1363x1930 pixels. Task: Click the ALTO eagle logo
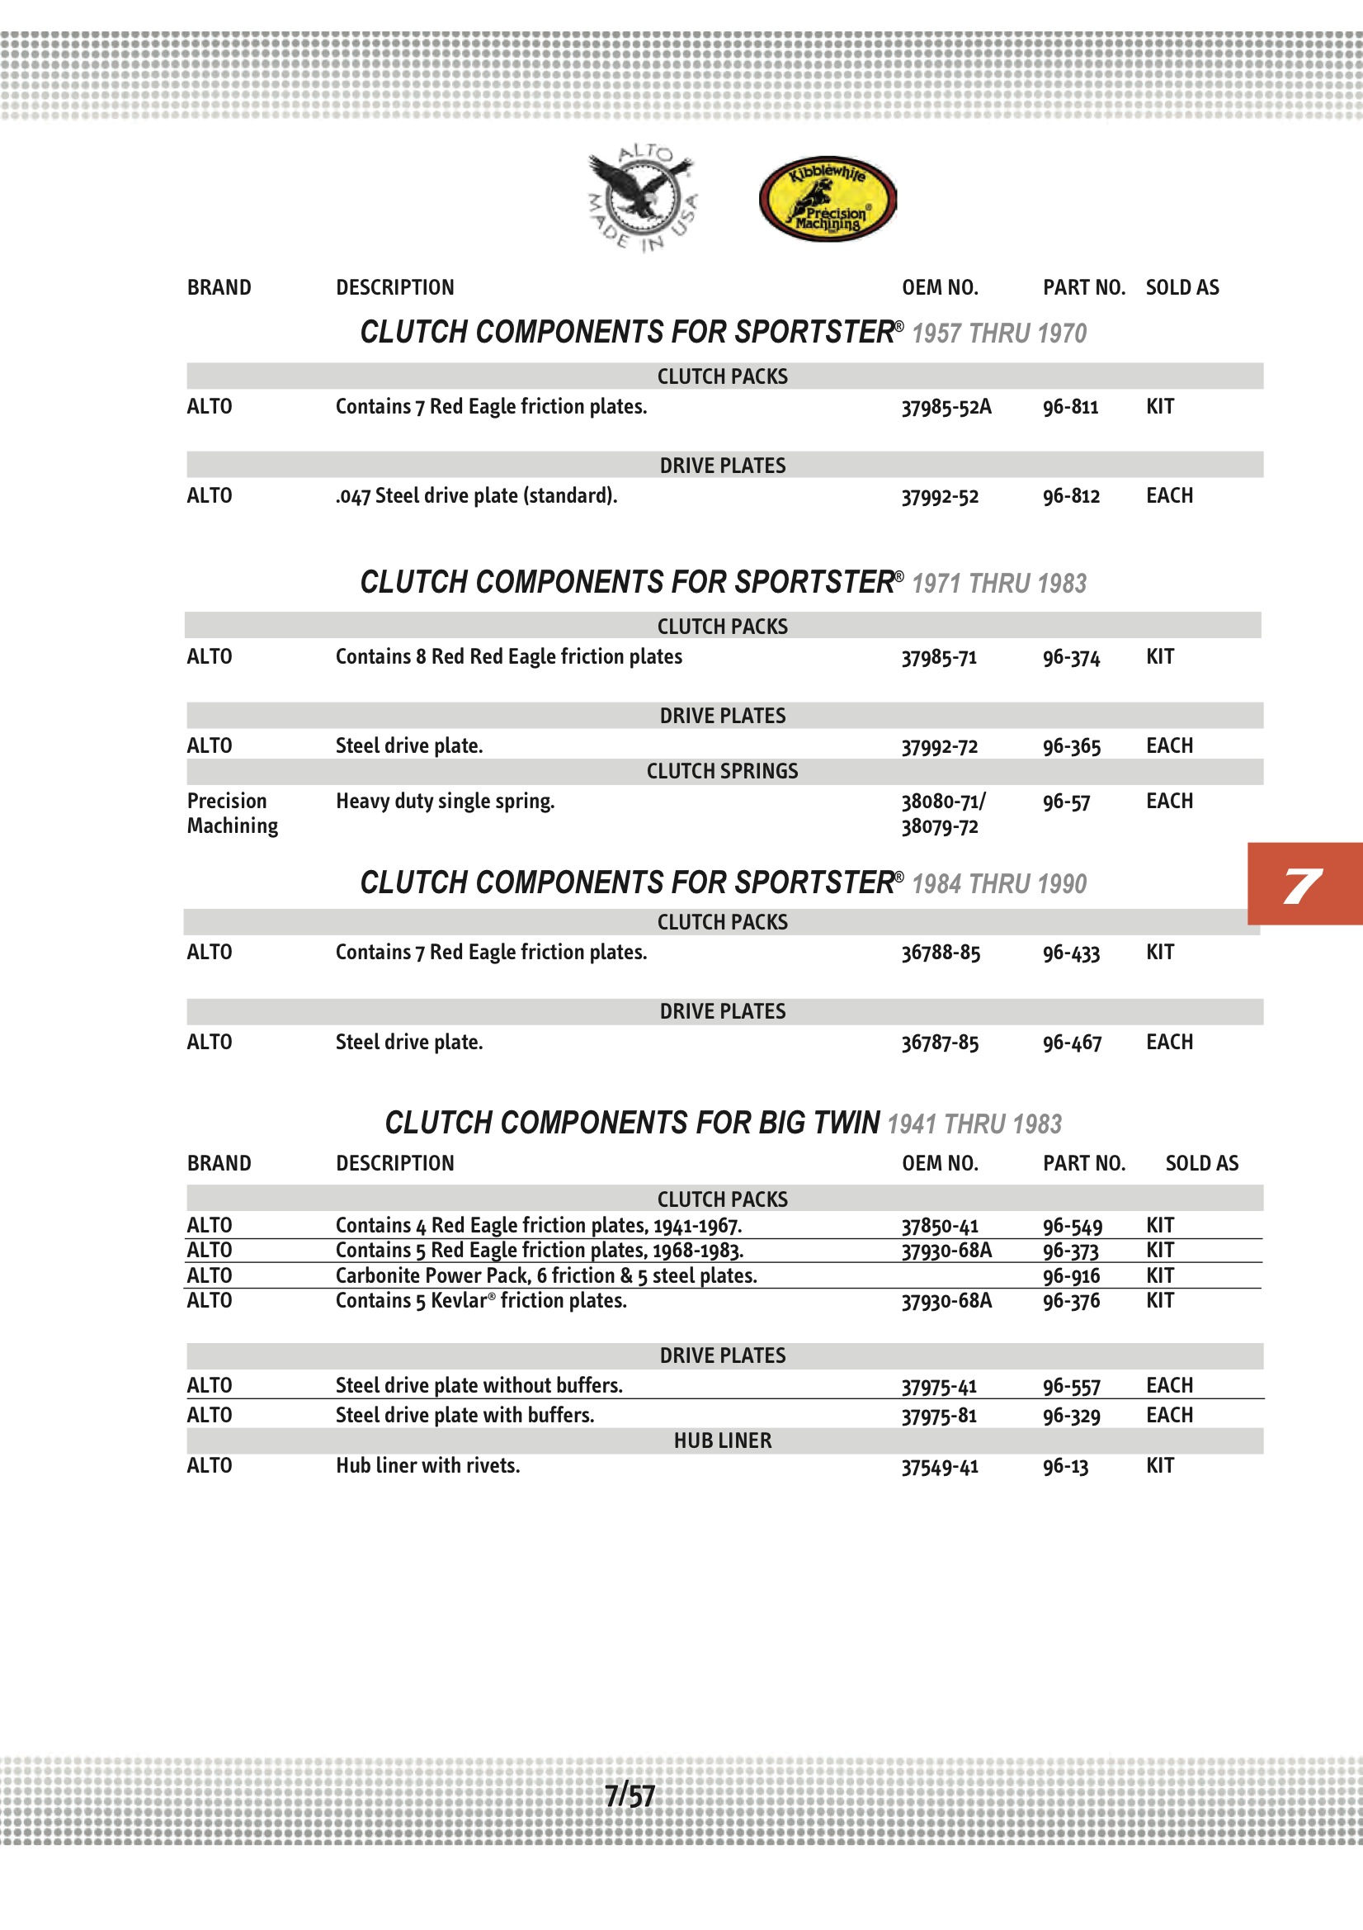[x=642, y=198]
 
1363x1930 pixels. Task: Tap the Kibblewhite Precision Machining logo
[x=827, y=199]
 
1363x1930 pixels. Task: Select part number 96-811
[x=1071, y=407]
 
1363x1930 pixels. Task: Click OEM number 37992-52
[x=940, y=496]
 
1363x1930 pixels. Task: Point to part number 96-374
[x=1072, y=657]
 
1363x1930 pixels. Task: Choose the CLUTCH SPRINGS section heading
[x=722, y=771]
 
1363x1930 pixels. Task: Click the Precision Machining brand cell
[x=232, y=813]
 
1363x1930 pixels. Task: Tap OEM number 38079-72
[x=940, y=826]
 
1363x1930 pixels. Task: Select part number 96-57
[x=1066, y=802]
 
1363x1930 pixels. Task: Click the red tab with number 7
[x=1304, y=883]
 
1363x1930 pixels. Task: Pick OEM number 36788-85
[x=941, y=953]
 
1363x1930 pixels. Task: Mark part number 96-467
[x=1072, y=1043]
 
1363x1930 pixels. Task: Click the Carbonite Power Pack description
[x=546, y=1275]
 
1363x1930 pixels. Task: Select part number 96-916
[x=1072, y=1276]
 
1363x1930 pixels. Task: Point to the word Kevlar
[x=459, y=1300]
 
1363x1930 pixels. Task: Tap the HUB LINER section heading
[x=722, y=1440]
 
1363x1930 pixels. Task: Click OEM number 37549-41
[x=940, y=1466]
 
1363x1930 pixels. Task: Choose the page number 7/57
[x=630, y=1796]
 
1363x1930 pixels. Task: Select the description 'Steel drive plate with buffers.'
[x=465, y=1415]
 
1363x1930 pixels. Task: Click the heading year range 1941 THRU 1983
[x=974, y=1123]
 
